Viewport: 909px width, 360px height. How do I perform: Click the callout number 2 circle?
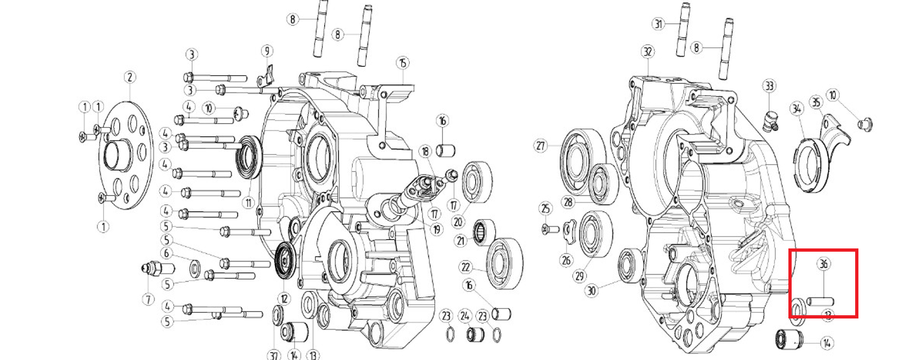pyautogui.click(x=130, y=77)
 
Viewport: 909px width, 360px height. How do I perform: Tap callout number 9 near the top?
pyautogui.click(x=266, y=51)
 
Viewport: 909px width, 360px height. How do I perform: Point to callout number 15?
pyautogui.click(x=403, y=63)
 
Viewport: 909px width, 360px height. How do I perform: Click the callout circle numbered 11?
pyautogui.click(x=247, y=202)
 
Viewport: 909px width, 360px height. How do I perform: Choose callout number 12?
pyautogui.click(x=283, y=299)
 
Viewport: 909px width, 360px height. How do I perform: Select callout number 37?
pyautogui.click(x=274, y=355)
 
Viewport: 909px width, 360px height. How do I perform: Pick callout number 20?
pyautogui.click(x=458, y=222)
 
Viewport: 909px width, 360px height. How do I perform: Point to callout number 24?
pyautogui.click(x=465, y=316)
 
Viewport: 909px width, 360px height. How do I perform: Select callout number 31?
pyautogui.click(x=659, y=25)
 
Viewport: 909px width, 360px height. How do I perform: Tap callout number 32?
pyautogui.click(x=646, y=51)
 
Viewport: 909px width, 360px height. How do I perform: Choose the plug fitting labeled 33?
pyautogui.click(x=769, y=120)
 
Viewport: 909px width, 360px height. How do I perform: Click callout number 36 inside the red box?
pyautogui.click(x=823, y=264)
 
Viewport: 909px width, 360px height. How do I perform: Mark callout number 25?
pyautogui.click(x=545, y=208)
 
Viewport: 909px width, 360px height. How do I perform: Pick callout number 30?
pyautogui.click(x=591, y=291)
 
